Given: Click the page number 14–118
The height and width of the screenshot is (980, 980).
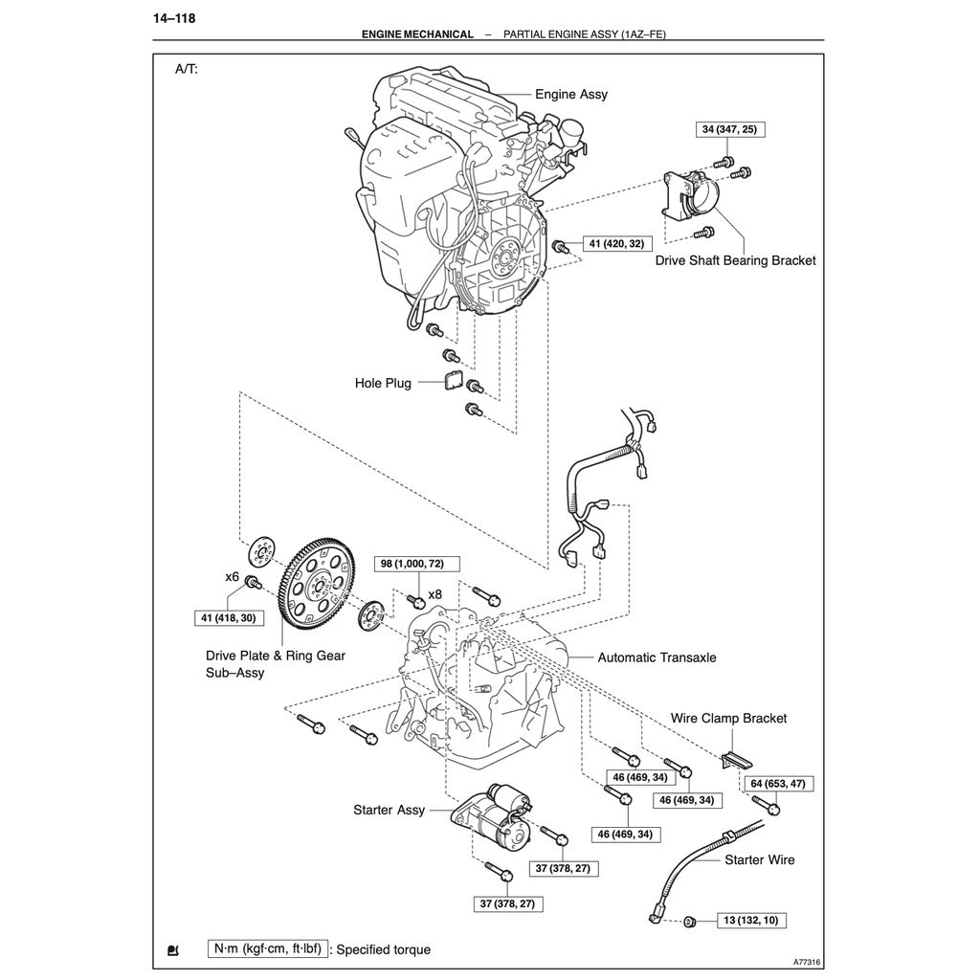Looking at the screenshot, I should click(173, 17).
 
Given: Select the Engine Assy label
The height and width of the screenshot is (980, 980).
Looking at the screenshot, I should click(570, 95).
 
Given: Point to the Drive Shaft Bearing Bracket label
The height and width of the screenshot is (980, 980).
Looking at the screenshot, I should click(735, 260).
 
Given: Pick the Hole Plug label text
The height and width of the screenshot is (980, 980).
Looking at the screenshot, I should click(383, 383).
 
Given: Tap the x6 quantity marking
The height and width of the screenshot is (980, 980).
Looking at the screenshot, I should click(232, 577).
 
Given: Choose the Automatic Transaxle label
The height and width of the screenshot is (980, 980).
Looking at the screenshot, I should click(657, 657).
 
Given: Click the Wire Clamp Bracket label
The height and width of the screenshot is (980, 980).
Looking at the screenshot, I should click(728, 718).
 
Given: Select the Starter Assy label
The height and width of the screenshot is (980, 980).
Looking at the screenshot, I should click(389, 811).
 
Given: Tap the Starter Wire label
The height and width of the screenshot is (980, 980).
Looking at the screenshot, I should click(759, 860).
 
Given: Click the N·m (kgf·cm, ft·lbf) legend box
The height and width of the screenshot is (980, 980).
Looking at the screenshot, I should click(267, 949).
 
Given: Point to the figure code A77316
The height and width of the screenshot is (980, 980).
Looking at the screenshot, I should click(807, 963).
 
